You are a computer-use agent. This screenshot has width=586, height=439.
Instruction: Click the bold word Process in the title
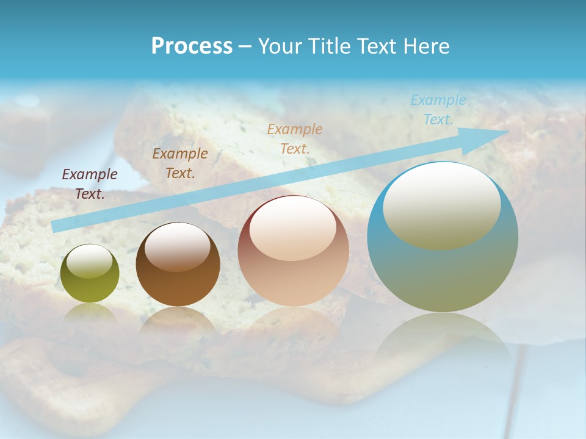coord(192,46)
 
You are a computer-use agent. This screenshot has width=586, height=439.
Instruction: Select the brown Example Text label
coord(180,163)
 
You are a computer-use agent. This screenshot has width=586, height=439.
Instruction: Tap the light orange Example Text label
coord(295,138)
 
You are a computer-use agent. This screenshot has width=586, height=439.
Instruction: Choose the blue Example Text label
coord(438,110)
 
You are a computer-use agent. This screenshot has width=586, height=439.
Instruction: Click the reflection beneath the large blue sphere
coord(443,338)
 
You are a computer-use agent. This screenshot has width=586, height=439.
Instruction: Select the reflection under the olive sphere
coord(90,313)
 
